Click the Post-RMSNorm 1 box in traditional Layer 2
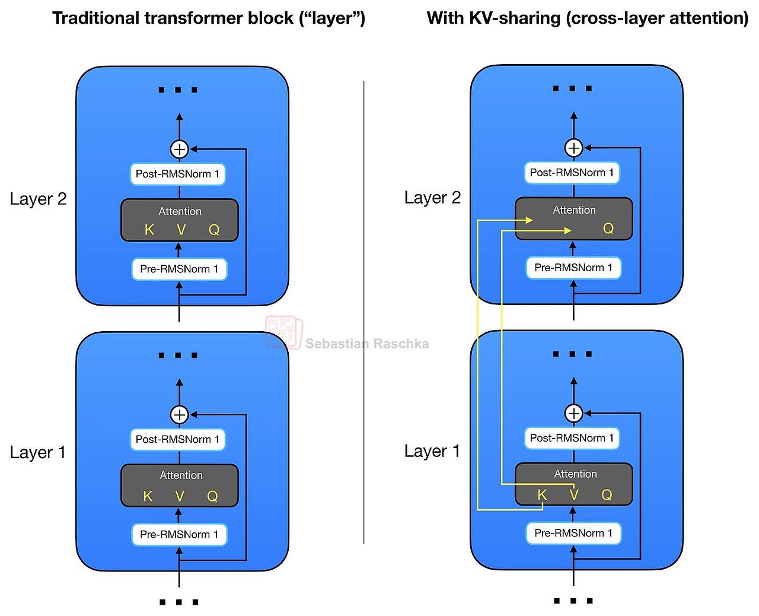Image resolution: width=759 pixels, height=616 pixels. coord(178,174)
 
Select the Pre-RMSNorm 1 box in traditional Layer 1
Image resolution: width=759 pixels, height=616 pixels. coord(179,534)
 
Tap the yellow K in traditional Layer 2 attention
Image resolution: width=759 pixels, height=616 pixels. coord(149,229)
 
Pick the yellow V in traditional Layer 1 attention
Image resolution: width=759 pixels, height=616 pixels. coord(180,496)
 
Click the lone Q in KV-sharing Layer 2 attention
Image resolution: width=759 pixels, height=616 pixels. coord(608,228)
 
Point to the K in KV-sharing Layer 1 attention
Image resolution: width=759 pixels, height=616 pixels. coord(541,495)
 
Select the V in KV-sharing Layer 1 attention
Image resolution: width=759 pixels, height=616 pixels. coord(574,495)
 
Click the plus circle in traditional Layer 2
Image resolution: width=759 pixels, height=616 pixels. coord(179,149)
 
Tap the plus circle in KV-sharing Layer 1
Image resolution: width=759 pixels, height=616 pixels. coord(574,414)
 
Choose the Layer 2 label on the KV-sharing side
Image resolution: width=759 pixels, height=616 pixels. coord(432,197)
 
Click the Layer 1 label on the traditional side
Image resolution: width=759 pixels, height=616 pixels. coord(38,452)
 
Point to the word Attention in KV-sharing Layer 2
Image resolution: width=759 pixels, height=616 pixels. coord(574,209)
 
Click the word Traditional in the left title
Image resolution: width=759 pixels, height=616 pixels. coord(95,18)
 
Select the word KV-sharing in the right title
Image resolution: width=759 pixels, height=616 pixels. coord(515,18)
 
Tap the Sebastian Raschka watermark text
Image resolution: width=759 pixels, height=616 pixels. coord(367,344)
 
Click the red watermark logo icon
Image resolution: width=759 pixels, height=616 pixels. coord(284,332)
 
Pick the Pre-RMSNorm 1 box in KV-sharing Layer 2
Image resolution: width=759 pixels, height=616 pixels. coord(573,267)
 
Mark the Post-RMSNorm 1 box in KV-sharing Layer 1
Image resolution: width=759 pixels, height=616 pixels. coord(572,437)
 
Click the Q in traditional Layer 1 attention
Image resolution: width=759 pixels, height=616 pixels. coord(212,496)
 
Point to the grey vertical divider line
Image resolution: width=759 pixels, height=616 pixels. coord(363,312)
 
